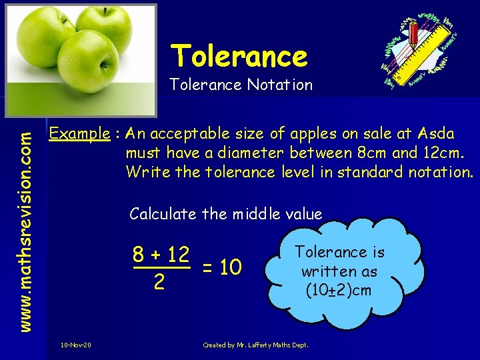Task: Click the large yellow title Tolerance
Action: pyautogui.click(x=239, y=56)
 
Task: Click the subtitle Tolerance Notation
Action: pyautogui.click(x=240, y=85)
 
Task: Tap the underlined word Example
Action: pyautogui.click(x=80, y=133)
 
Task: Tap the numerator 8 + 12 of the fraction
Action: pyautogui.click(x=161, y=254)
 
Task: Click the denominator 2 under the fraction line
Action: pyautogui.click(x=159, y=282)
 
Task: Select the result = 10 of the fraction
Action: pyautogui.click(x=221, y=268)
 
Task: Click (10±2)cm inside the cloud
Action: pyautogui.click(x=339, y=291)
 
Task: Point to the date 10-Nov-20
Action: pyautogui.click(x=76, y=345)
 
